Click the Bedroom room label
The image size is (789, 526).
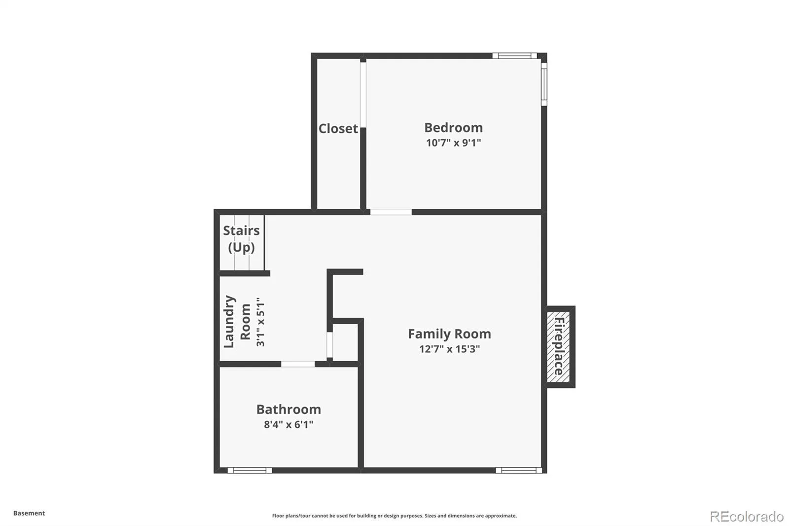point(453,128)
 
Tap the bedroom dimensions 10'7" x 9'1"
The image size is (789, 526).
point(453,143)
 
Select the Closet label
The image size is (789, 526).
point(338,129)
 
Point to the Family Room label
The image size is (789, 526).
point(449,334)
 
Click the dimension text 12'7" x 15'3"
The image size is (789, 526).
point(449,349)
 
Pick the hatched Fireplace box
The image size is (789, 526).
point(558,346)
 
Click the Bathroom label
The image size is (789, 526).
point(288,410)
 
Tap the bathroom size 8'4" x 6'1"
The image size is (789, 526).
point(288,424)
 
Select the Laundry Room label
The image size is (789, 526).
point(237,322)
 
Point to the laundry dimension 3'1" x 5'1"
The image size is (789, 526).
point(260,322)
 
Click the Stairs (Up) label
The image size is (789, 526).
point(241,239)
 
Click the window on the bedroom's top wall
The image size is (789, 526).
point(514,56)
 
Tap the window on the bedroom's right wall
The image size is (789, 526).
point(544,84)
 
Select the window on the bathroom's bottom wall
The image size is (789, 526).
point(250,470)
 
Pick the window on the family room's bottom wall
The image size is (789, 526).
point(518,470)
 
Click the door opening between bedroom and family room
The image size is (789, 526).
point(391,212)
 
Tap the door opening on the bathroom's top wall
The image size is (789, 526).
point(298,364)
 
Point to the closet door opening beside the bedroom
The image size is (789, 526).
point(363,95)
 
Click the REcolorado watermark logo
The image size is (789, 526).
point(747,517)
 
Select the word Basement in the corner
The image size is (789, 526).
point(29,513)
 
